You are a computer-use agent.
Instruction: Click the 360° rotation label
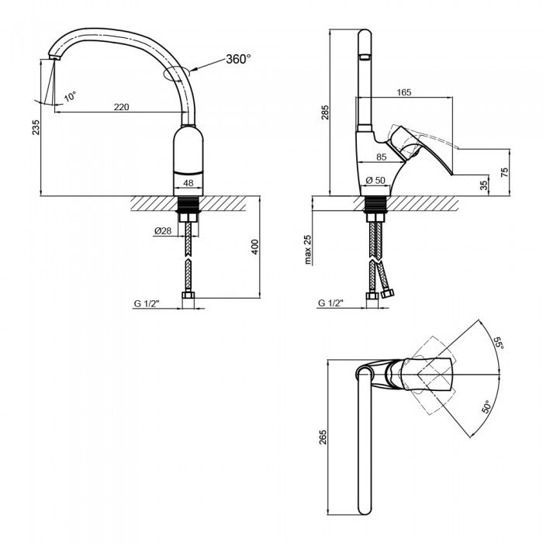[x=238, y=60]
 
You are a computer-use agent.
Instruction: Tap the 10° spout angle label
[x=70, y=97]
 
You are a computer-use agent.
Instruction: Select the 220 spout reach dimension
[x=121, y=107]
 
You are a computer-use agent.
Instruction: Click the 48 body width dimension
[x=188, y=184]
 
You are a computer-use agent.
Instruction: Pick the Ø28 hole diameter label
[x=162, y=230]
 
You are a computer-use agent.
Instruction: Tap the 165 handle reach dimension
[x=403, y=92]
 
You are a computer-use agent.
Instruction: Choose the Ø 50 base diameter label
[x=376, y=182]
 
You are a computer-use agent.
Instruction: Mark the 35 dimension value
[x=484, y=185]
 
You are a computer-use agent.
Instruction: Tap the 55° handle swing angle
[x=497, y=342]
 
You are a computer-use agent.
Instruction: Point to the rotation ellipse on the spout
[x=177, y=74]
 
